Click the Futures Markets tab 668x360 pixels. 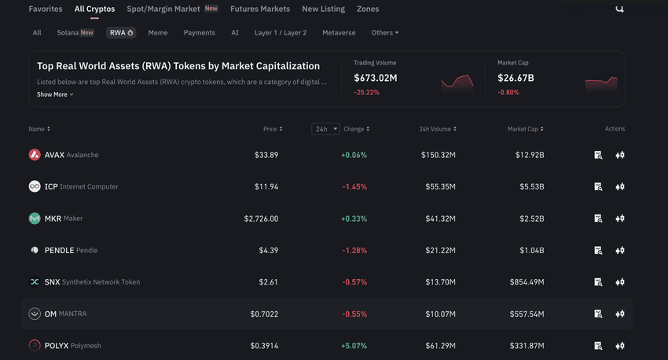point(260,9)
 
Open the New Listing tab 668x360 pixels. point(323,9)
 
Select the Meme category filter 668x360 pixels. point(158,33)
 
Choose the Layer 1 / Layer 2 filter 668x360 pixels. point(281,33)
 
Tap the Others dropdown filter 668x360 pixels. point(385,33)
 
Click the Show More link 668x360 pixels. point(55,94)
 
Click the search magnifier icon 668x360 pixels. point(619,9)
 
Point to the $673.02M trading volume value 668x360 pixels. point(376,78)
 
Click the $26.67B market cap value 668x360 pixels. point(516,78)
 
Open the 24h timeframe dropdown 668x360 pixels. point(325,129)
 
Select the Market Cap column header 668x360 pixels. point(525,129)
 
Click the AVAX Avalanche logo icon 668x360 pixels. point(35,155)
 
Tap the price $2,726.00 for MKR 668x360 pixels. point(261,219)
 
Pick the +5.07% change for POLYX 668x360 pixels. point(354,346)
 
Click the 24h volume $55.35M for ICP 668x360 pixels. point(439,186)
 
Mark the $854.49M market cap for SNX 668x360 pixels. point(526,282)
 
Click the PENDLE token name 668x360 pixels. point(59,250)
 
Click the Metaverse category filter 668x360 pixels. point(339,33)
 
